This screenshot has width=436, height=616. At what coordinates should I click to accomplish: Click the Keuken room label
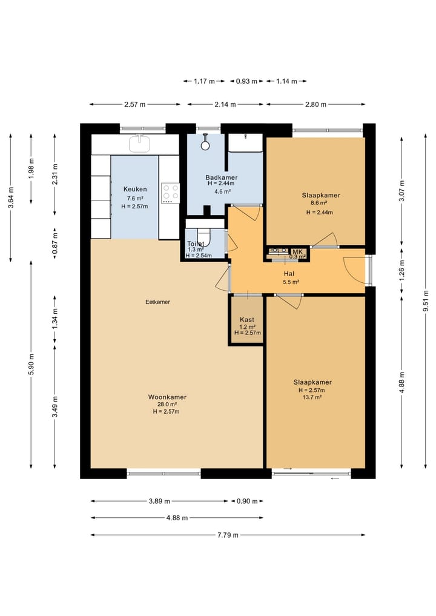pos(135,189)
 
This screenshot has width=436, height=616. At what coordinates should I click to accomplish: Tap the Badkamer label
pos(222,177)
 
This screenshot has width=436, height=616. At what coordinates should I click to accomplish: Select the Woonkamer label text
pos(167,397)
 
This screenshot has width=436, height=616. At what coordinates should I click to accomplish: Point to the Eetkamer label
pos(158,302)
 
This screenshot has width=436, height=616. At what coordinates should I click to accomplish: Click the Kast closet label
pos(247,320)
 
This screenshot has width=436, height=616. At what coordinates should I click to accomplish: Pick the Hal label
pos(289,274)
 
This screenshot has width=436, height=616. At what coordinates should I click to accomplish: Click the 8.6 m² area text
pos(319,203)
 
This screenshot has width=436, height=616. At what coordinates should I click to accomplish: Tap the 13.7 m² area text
pos(312,397)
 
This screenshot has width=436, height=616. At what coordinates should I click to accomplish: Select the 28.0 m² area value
pos(167,404)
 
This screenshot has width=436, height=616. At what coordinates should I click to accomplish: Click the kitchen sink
pos(140,143)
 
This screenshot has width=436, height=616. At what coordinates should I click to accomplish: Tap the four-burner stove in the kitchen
pos(171,193)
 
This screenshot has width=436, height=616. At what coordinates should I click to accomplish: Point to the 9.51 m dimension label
pos(426,301)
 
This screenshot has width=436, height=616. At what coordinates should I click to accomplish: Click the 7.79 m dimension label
pos(228,535)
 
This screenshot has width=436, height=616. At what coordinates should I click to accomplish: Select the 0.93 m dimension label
pos(246,81)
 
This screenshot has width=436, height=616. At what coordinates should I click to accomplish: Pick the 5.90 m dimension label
pos(31,365)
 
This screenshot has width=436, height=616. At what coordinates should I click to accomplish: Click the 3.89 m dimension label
pos(159,502)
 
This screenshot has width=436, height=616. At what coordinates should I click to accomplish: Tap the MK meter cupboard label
pos(297,252)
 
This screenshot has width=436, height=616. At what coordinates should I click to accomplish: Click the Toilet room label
pos(196,244)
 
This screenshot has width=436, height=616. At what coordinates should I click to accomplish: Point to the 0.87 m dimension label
pos(55,243)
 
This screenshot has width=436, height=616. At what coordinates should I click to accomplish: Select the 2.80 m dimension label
pos(316,105)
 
